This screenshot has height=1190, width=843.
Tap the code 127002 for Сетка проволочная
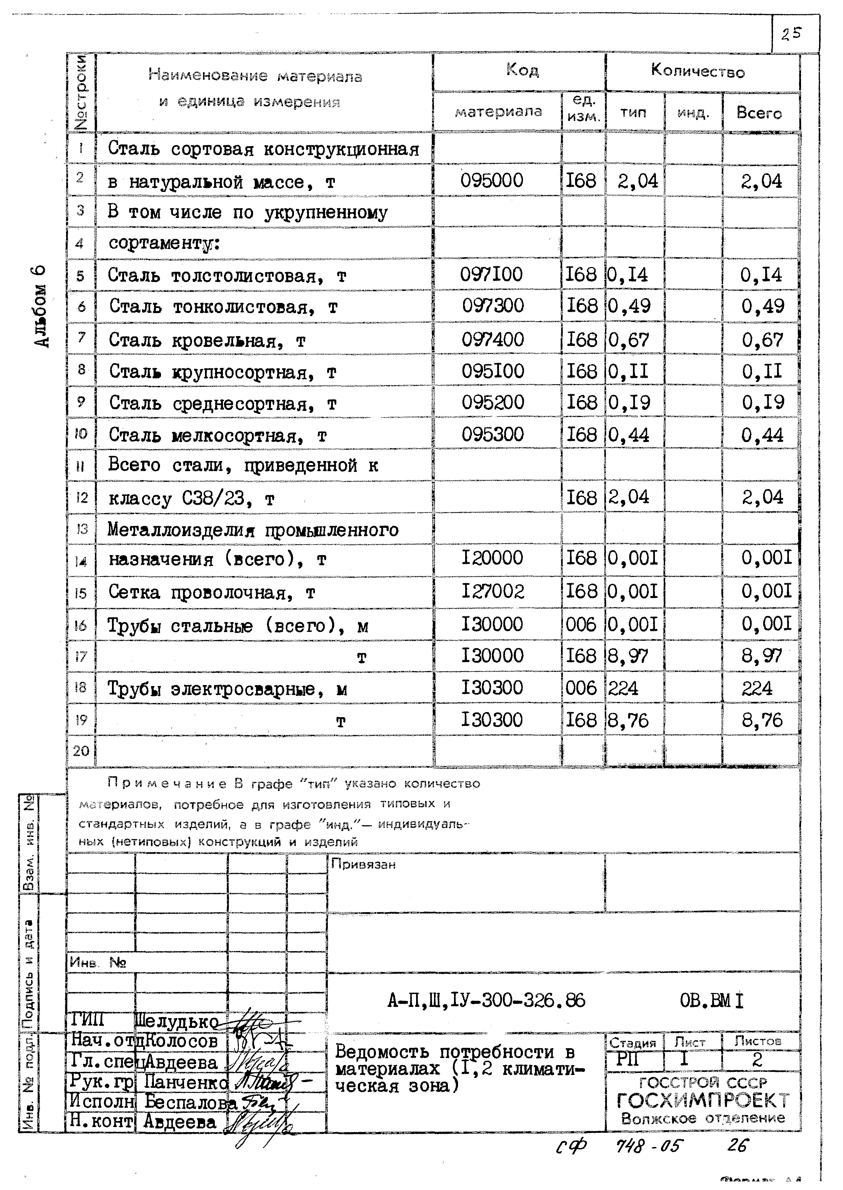pos(493,591)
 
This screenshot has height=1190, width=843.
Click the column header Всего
pos(759,113)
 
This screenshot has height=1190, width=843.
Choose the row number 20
pos(81,751)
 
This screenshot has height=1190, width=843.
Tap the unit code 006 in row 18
pos(581,688)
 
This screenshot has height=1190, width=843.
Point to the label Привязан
pos(363,864)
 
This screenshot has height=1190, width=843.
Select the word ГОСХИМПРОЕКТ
pos(703,1100)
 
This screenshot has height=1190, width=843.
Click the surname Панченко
pos(185,1082)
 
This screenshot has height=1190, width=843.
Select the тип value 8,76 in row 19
pos(628,721)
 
